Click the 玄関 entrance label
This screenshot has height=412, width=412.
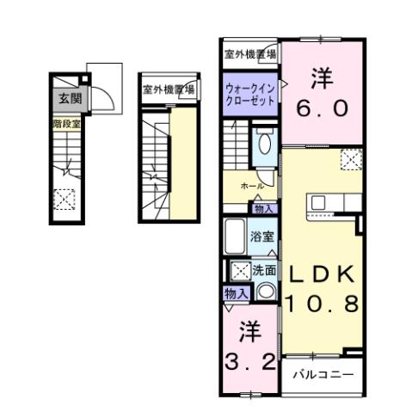(x=71, y=99)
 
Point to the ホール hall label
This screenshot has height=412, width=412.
(x=251, y=186)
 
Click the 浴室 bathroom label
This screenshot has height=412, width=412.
(x=262, y=234)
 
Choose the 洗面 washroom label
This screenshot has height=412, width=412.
(x=264, y=270)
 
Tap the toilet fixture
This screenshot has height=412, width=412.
(x=264, y=143)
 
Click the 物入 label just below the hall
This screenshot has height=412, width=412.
(x=263, y=208)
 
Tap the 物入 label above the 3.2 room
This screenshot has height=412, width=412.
(x=236, y=294)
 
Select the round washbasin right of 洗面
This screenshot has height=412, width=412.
(x=267, y=291)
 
